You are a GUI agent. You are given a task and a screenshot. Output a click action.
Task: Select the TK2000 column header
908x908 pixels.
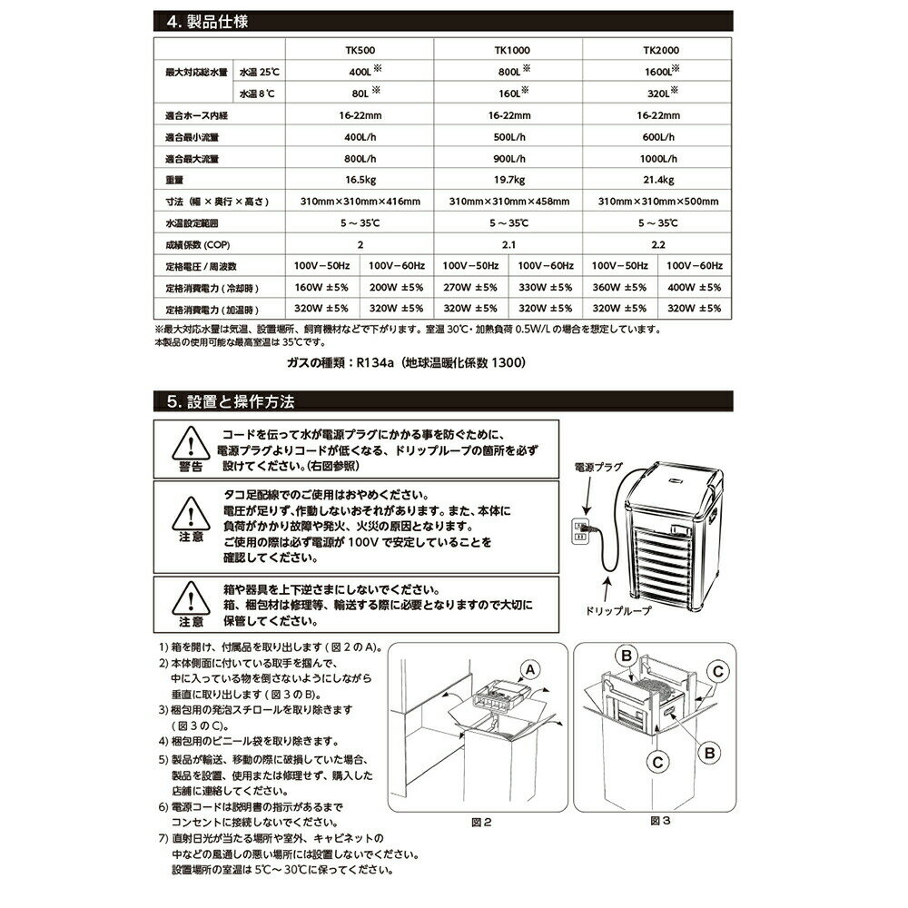click(656, 53)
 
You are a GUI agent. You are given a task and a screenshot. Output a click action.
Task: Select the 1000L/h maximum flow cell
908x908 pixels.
click(656, 158)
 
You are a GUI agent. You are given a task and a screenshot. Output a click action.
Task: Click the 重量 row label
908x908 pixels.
click(178, 180)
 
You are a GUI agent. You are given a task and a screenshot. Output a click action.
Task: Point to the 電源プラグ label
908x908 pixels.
click(598, 464)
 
